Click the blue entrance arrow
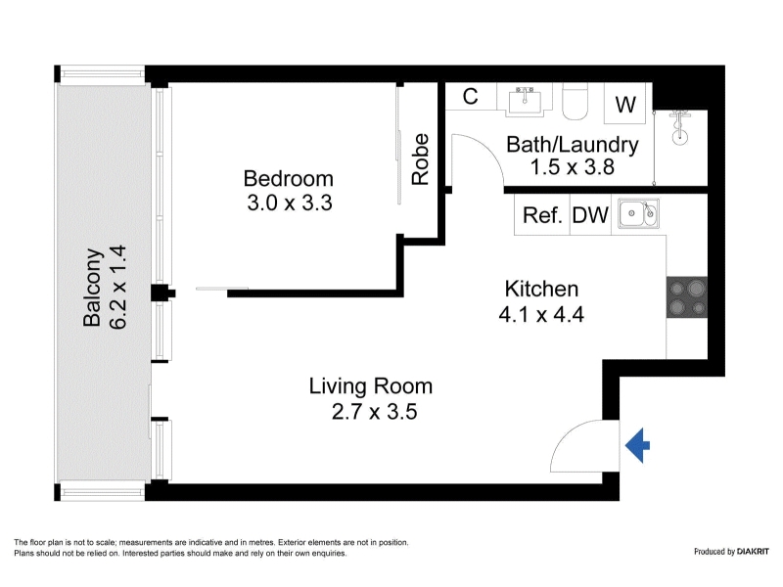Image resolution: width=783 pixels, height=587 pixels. point(638,445)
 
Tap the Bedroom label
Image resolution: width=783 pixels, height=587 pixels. point(288,179)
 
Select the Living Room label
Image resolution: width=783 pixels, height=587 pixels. point(371,386)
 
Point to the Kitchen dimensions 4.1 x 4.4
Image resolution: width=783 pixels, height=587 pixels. point(541,314)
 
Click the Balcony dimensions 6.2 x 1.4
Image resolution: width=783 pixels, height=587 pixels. point(117,287)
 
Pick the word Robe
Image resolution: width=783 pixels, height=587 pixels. point(421,159)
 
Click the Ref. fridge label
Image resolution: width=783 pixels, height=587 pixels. point(542,215)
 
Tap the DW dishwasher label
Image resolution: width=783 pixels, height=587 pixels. point(590,215)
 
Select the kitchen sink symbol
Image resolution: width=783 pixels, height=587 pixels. point(639,213)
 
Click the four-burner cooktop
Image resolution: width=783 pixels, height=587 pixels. point(687,297)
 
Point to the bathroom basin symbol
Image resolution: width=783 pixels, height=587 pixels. point(525,102)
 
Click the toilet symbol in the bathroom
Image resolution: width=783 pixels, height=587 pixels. point(576,102)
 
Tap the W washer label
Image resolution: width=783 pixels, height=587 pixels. point(625,105)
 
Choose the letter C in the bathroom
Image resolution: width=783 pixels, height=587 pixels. point(471,96)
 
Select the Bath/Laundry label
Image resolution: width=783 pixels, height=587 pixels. point(573,145)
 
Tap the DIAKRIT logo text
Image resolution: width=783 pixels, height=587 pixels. point(753,552)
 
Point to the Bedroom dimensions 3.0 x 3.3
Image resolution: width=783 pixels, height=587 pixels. point(290,203)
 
